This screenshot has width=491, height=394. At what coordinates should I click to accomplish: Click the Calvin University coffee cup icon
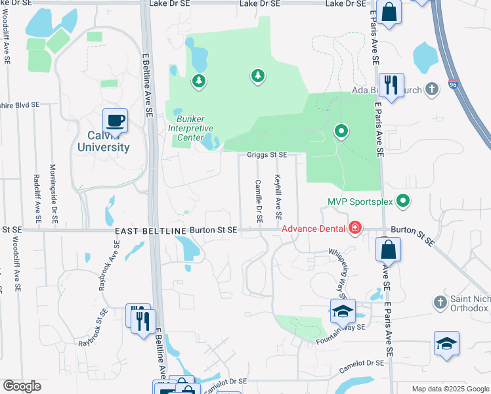point(115,120)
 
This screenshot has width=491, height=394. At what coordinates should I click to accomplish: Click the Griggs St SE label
point(267,155)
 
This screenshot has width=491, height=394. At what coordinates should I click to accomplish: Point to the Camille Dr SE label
point(259,200)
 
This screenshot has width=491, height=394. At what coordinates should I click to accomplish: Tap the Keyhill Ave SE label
point(279,196)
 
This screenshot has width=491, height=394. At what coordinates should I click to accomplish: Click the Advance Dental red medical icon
point(355,228)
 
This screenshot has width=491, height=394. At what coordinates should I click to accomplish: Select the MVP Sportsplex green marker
point(403,201)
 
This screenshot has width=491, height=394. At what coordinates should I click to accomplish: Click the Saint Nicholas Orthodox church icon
point(440,303)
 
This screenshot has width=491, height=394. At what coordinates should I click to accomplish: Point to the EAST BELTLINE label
point(151,231)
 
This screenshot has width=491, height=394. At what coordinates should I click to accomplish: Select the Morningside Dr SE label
point(53,191)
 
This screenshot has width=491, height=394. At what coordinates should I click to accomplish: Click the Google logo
point(22,386)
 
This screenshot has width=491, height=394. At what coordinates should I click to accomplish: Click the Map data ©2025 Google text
point(450,388)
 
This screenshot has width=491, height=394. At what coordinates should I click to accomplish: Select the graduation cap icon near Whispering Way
point(342,311)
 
